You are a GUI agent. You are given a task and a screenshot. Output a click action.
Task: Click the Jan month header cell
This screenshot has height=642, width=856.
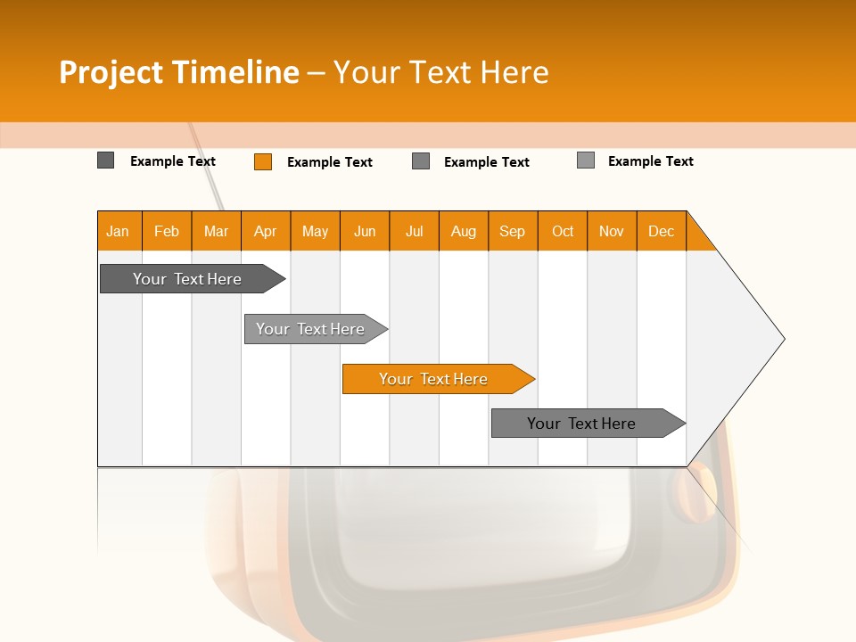tap(119, 231)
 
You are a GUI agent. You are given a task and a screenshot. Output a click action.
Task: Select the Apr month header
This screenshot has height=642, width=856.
tap(266, 231)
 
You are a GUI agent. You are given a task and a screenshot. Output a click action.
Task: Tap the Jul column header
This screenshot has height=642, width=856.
tap(414, 231)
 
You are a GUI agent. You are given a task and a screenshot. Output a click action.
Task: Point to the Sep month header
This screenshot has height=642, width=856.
tap(512, 231)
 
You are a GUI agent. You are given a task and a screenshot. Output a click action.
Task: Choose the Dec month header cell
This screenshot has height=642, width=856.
tap(661, 231)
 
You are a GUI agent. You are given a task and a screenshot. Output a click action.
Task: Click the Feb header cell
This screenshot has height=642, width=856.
tap(167, 231)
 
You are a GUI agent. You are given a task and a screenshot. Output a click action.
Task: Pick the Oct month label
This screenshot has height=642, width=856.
tap(563, 231)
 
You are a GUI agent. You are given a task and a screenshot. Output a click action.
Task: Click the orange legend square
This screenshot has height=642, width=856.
tap(263, 161)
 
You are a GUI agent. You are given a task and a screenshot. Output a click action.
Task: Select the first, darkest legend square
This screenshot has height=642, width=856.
tap(106, 160)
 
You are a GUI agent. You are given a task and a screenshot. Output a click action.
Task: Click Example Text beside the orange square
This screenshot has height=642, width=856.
tap(329, 162)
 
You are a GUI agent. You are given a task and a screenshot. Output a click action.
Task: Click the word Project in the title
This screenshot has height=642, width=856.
tap(111, 72)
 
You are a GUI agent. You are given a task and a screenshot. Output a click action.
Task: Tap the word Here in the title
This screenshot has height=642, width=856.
tap(514, 72)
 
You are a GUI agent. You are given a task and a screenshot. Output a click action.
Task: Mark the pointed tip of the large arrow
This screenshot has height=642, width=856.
tap(782, 339)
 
